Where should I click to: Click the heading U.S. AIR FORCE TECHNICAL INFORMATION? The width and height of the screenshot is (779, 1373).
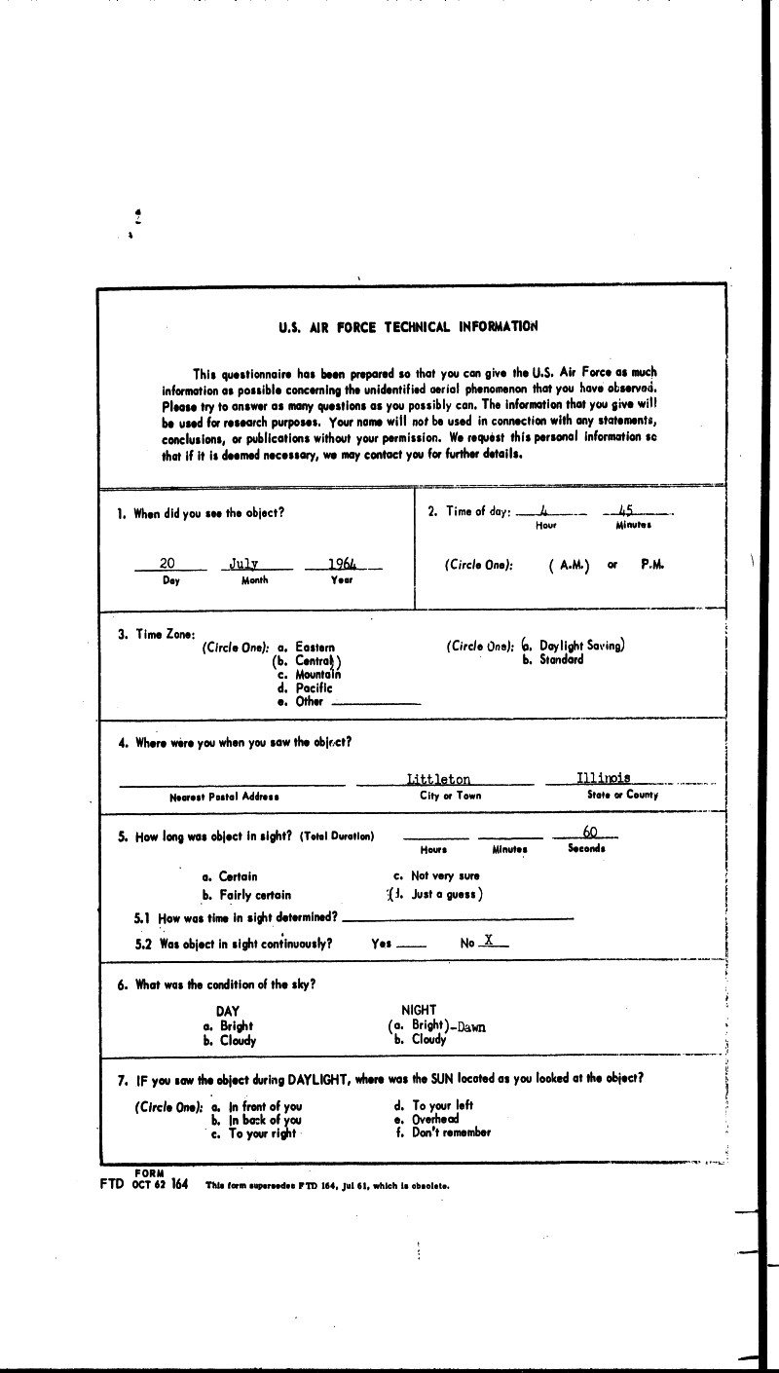pyautogui.click(x=408, y=327)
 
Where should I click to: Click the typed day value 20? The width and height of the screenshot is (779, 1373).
pyautogui.click(x=167, y=564)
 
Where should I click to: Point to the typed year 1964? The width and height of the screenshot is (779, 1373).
pyautogui.click(x=342, y=564)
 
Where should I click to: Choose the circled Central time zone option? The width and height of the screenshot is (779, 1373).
pyautogui.click(x=308, y=661)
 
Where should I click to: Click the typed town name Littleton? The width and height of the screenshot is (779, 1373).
pyautogui.click(x=439, y=779)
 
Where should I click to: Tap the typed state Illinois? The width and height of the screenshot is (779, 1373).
pyautogui.click(x=603, y=777)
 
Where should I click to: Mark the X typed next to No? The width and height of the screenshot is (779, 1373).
pyautogui.click(x=489, y=942)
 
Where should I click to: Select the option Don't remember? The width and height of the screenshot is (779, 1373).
pyautogui.click(x=451, y=1132)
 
